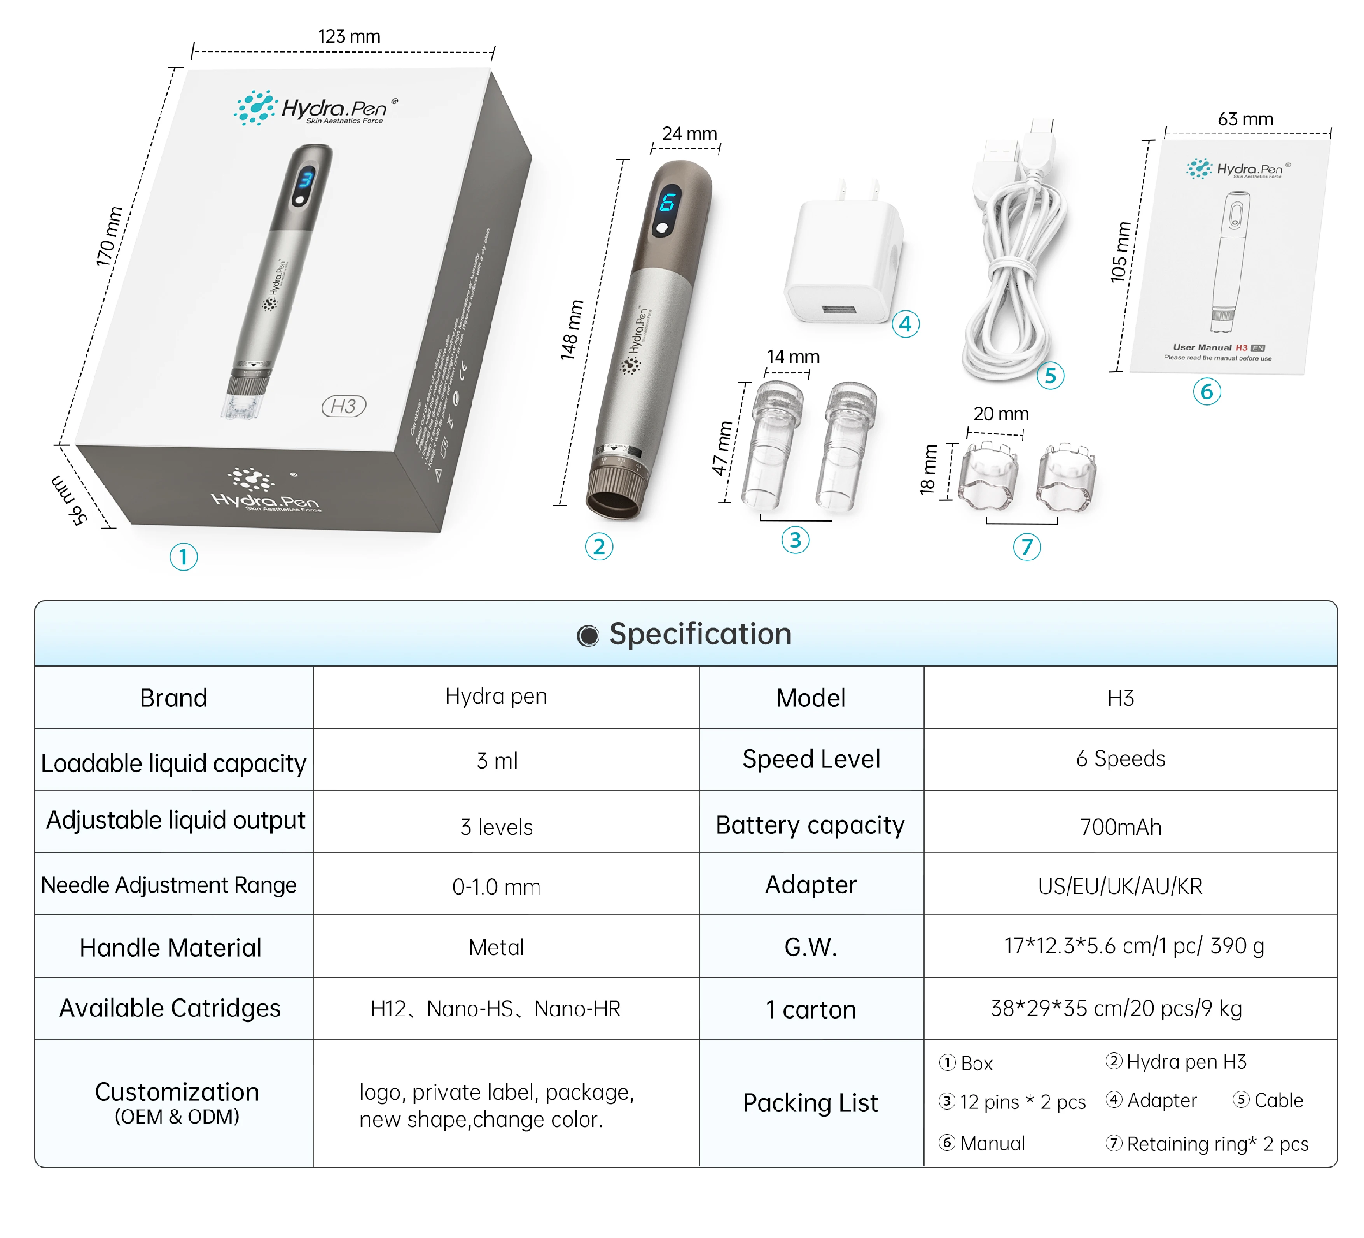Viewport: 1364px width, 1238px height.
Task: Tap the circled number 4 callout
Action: (905, 324)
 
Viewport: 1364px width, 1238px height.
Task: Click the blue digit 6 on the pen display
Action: (668, 202)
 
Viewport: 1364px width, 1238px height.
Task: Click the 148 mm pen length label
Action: (571, 330)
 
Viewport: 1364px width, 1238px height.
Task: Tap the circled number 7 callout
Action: (1026, 547)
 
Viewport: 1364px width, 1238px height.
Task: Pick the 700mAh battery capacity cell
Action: (1121, 827)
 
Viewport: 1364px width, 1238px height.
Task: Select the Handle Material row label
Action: (170, 947)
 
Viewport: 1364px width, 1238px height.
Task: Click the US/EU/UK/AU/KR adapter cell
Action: (1121, 886)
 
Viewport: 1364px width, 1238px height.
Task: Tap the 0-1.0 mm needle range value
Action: (497, 887)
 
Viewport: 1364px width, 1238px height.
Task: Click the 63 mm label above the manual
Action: (1245, 119)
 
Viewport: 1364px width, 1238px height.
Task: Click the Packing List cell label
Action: (811, 1103)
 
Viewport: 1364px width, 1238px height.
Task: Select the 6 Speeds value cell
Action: (1121, 759)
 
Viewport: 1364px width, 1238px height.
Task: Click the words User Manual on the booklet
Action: (1201, 347)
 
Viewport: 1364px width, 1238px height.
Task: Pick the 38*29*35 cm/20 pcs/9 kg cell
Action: (1116, 1009)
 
